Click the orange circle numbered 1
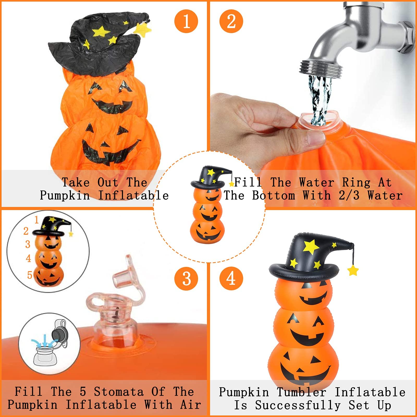click(x=186, y=21)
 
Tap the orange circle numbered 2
click(x=231, y=21)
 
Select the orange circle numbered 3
click(x=186, y=278)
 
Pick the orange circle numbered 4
click(x=231, y=278)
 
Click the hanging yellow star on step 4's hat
click(x=353, y=271)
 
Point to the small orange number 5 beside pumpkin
click(x=30, y=275)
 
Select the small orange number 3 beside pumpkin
click(x=28, y=244)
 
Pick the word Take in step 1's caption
click(x=76, y=182)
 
